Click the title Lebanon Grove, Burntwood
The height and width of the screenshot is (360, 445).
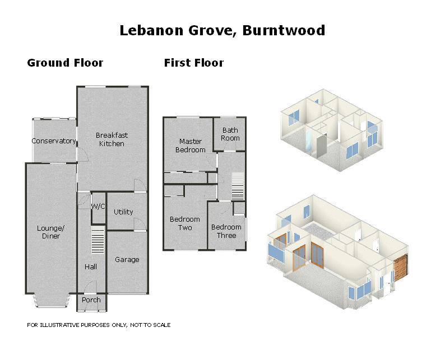[222, 30]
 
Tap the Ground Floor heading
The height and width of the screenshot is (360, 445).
[65, 63]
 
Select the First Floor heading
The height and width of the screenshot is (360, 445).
[193, 63]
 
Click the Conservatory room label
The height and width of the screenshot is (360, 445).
[53, 141]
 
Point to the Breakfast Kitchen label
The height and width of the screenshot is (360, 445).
[112, 139]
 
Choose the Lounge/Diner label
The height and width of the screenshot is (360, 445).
[51, 232]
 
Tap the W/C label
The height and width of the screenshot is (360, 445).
[98, 207]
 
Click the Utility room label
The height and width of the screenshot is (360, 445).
[123, 212]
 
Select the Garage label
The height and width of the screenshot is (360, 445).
[127, 260]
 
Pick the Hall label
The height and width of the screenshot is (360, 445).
[91, 267]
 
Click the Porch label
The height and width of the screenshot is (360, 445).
[91, 300]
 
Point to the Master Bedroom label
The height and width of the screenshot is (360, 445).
[191, 146]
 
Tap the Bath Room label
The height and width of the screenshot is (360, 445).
[230, 134]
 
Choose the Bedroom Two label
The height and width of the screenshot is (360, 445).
[185, 223]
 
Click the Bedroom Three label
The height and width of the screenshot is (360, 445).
[226, 231]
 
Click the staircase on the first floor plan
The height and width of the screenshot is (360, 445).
[238, 186]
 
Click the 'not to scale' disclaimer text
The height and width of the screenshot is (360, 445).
[99, 325]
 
